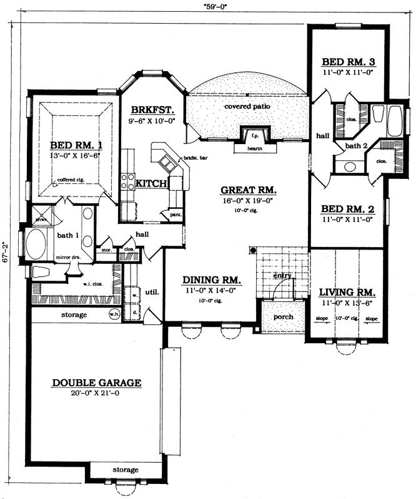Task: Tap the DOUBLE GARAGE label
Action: coord(97,382)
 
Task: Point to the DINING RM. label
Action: coord(210,280)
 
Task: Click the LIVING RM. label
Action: coord(347,292)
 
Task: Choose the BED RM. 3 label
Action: coord(348,62)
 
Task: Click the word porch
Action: coord(283,317)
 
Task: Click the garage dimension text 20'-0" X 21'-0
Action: coord(97,394)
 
